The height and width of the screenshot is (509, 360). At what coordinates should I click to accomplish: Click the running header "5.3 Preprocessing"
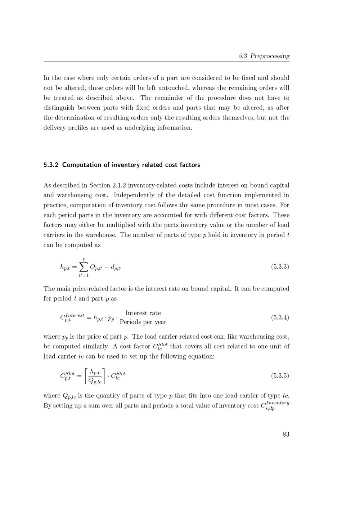(264, 56)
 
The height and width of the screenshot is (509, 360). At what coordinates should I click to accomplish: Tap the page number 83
(286, 434)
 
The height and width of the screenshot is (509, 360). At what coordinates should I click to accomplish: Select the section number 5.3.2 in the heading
(51, 165)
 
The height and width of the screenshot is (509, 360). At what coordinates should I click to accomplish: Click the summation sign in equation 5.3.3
(84, 267)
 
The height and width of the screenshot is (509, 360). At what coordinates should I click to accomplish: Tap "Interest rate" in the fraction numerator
(143, 313)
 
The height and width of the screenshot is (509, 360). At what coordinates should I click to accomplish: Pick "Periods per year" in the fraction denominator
(143, 322)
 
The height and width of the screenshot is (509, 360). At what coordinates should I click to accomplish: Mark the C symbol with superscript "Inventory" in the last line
(263, 406)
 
